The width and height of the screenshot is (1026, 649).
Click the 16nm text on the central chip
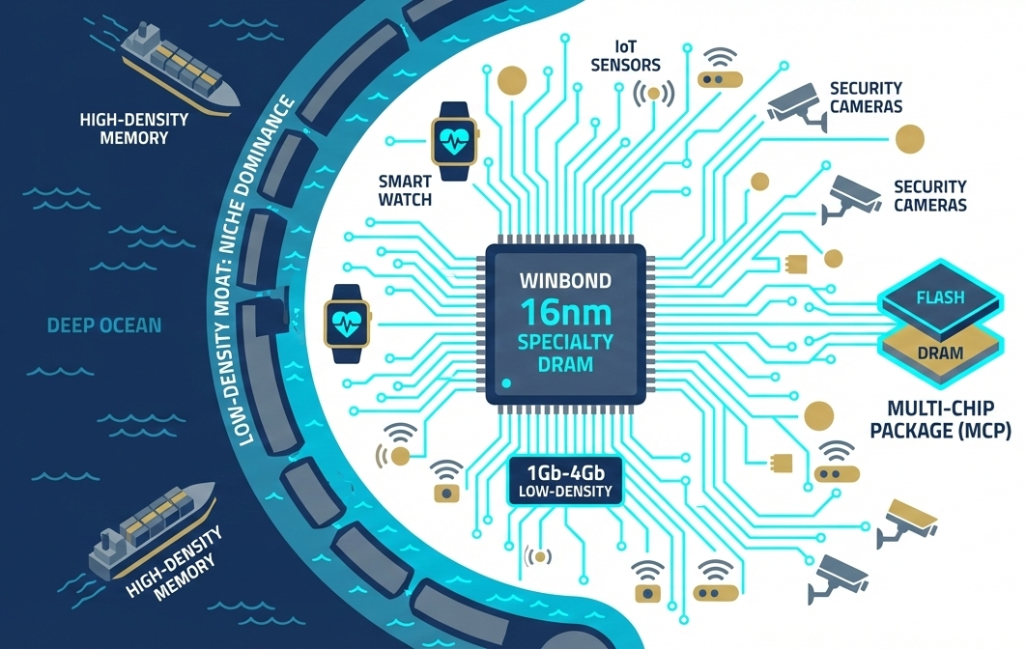pyautogui.click(x=565, y=314)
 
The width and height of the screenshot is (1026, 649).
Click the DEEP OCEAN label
pyautogui.click(x=104, y=324)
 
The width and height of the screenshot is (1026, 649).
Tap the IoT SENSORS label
pyautogui.click(x=624, y=56)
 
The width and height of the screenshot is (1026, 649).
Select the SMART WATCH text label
pyautogui.click(x=405, y=190)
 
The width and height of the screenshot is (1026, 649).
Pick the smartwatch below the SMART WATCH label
pyautogui.click(x=346, y=322)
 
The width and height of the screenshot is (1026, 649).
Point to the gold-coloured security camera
pyautogui.click(x=908, y=519)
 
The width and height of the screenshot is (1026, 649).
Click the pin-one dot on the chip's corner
pyautogui.click(x=507, y=382)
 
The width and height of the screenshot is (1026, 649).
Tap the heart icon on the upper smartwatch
pyautogui.click(x=457, y=136)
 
